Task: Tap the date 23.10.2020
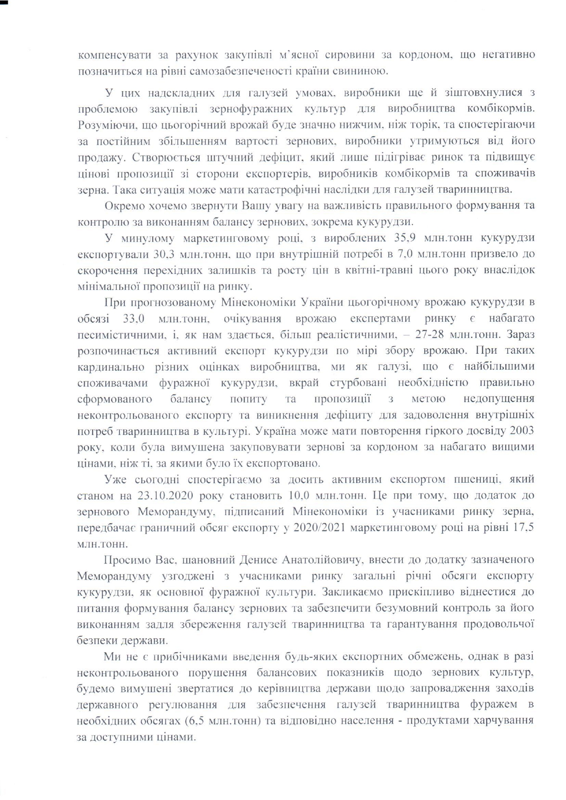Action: click(168, 495)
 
